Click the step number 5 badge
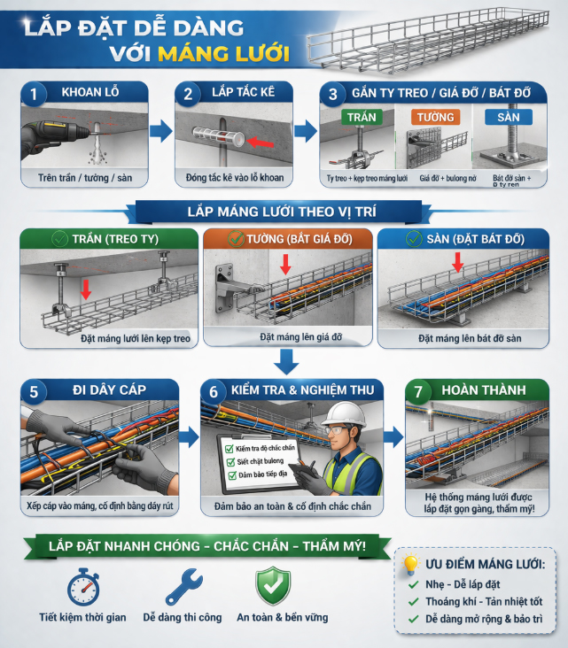coord(34,390)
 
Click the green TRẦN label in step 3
coord(362,118)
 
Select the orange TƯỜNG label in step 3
coord(433,118)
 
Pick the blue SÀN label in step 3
coord(510,118)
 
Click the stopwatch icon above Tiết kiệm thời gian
coord(82,585)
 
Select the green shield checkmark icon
coord(273,585)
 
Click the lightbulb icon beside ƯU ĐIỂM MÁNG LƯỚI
coord(409,564)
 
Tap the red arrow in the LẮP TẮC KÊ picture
coord(260,141)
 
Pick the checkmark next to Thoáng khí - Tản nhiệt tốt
coord(413,602)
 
